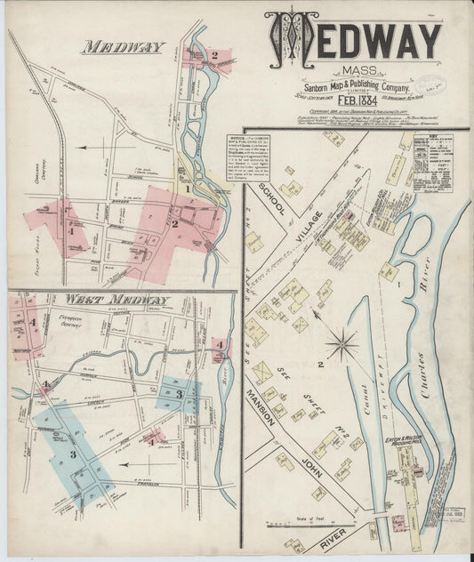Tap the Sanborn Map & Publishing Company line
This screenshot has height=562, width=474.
[x=353, y=87]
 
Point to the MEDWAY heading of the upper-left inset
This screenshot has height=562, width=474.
[x=124, y=47]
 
